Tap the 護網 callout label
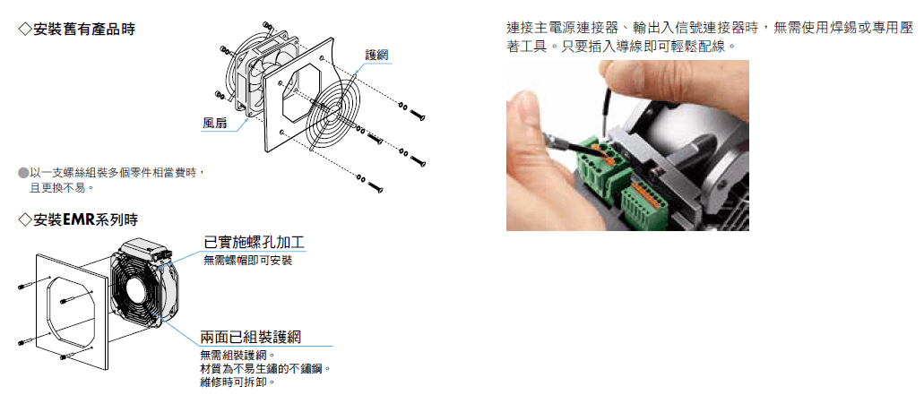point(376,56)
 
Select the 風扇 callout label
point(214,123)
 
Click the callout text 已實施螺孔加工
point(254,243)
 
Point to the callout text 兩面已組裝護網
point(251,337)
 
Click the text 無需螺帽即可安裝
point(247,260)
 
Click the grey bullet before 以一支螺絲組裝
point(23,173)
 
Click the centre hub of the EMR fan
point(135,289)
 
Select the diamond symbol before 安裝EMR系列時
point(25,220)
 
